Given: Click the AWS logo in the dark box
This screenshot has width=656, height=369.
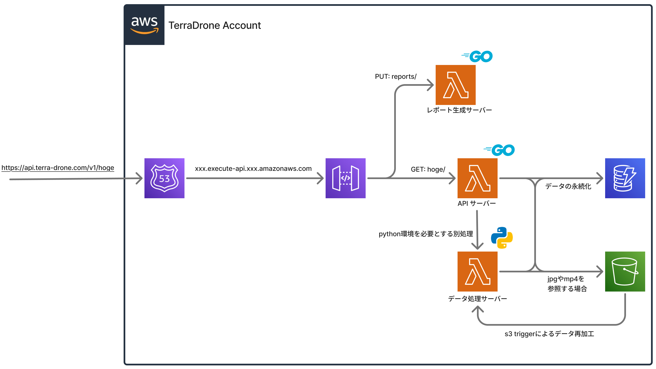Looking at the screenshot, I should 144,25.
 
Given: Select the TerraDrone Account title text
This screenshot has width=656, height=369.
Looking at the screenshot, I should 214,25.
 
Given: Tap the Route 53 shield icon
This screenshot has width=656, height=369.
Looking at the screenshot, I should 164,178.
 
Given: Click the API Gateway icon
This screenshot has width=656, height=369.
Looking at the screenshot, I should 345,178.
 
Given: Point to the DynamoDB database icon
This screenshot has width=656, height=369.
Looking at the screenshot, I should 625,178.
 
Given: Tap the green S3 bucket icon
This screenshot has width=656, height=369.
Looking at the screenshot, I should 625,271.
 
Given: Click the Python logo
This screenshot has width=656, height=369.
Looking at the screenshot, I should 502,238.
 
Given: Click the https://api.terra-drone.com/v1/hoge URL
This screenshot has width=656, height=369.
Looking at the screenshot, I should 58,168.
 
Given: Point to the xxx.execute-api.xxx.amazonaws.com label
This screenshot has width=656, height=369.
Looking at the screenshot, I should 253,168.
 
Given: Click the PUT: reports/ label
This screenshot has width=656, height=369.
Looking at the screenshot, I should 395,76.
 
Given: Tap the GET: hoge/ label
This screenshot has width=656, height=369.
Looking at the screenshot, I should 428,169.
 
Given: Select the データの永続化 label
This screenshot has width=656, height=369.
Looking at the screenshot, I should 568,186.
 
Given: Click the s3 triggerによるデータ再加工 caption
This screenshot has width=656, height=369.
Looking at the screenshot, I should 549,334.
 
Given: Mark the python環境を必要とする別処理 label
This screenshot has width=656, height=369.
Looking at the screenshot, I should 425,234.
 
